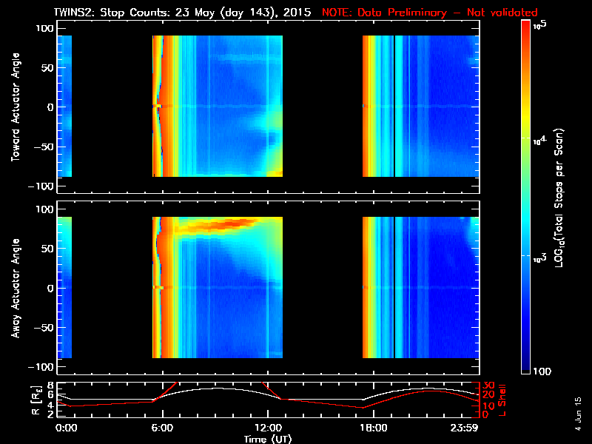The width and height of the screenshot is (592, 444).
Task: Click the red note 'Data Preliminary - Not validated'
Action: coord(430,13)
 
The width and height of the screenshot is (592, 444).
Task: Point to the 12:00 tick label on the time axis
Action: coord(267,428)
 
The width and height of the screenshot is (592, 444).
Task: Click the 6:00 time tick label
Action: coord(161,428)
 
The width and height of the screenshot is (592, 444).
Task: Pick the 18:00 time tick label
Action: coord(373,428)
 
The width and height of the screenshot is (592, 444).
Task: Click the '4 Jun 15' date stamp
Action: coord(579,411)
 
